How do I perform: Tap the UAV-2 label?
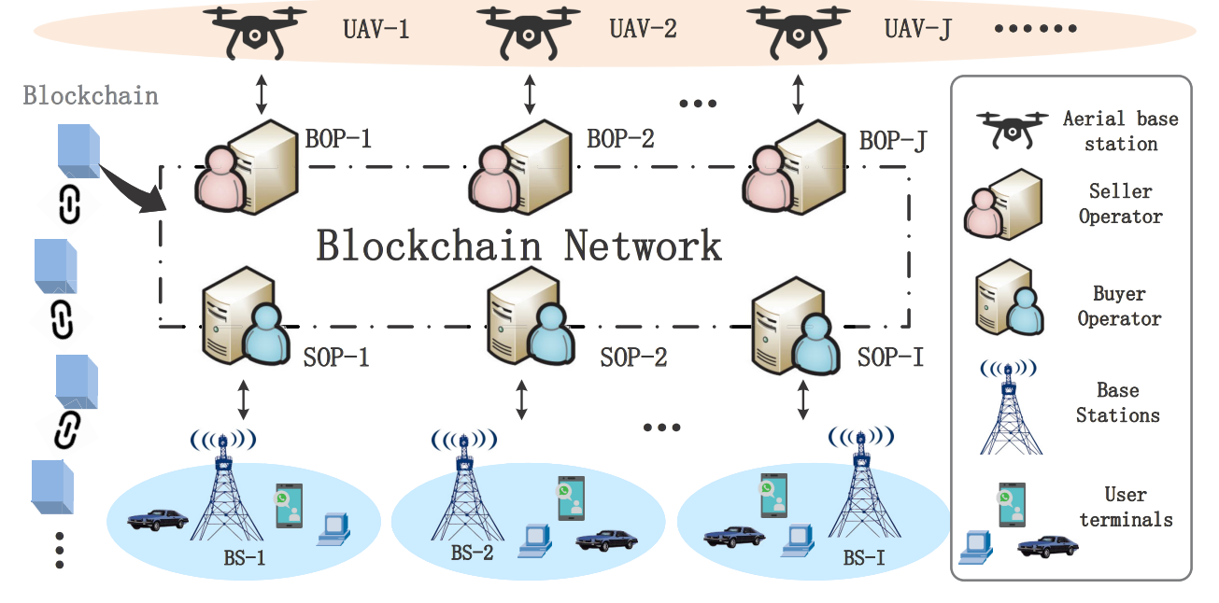pos(643,28)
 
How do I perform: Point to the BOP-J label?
pos(893,142)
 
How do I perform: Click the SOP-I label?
pos(891,357)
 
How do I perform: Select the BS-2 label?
pos(473,552)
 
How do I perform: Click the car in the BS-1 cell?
pos(156,518)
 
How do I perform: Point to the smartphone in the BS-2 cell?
pos(571,498)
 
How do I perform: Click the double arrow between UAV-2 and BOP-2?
pos(531,95)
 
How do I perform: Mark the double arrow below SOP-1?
pos(244,399)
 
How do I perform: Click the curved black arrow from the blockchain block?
pos(130,191)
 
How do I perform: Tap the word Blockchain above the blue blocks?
pos(91,96)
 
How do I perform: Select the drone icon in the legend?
pos(1012,128)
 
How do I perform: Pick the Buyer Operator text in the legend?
pos(1119,306)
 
